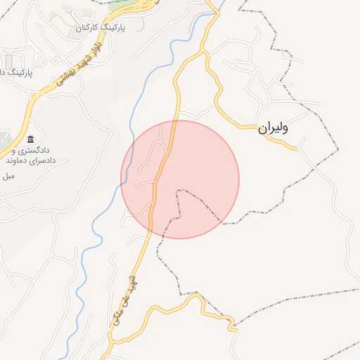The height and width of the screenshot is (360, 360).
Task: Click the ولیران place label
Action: click(x=274, y=128)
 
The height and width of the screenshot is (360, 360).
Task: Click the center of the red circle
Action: click(x=180, y=179)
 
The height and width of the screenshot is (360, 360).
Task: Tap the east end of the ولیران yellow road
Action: click(x=298, y=148)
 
